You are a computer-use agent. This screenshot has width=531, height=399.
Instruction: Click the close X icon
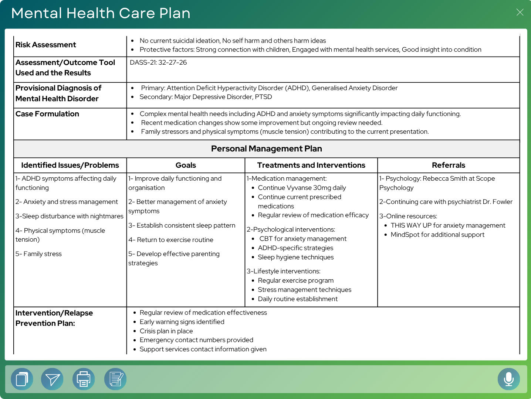[x=520, y=12]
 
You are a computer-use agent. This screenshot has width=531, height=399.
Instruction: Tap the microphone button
[x=508, y=379]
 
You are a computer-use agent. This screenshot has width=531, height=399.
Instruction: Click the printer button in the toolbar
[x=84, y=379]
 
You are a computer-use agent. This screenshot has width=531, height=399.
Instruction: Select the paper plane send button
[x=52, y=379]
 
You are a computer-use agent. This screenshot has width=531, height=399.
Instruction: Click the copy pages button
[x=22, y=379]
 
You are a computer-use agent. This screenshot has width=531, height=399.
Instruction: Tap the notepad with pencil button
[x=115, y=379]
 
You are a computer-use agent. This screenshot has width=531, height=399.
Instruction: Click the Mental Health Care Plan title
[x=101, y=13]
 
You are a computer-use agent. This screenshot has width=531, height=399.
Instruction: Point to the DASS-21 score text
[x=158, y=62]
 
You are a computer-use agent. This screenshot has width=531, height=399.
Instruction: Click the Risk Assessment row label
[x=45, y=45]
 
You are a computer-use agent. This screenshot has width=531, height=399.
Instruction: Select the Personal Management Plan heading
[x=266, y=149]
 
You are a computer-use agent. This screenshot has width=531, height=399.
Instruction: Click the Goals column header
[x=186, y=165]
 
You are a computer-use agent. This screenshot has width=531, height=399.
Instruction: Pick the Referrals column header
[x=448, y=165]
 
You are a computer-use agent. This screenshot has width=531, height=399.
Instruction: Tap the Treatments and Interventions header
[x=311, y=165]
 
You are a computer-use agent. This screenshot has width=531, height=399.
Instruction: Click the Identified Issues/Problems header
[x=70, y=165]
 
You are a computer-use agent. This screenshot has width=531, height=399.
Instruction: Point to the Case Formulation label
[x=47, y=114]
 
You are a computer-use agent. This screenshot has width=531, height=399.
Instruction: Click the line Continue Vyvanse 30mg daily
[x=302, y=188]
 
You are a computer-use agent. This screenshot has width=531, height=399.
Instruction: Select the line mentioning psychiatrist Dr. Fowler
[x=446, y=202]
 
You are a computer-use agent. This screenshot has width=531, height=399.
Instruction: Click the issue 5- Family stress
[x=38, y=254]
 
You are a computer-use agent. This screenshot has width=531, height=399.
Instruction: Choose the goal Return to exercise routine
[x=171, y=240]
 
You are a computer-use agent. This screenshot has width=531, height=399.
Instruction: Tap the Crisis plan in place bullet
[x=166, y=331]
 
